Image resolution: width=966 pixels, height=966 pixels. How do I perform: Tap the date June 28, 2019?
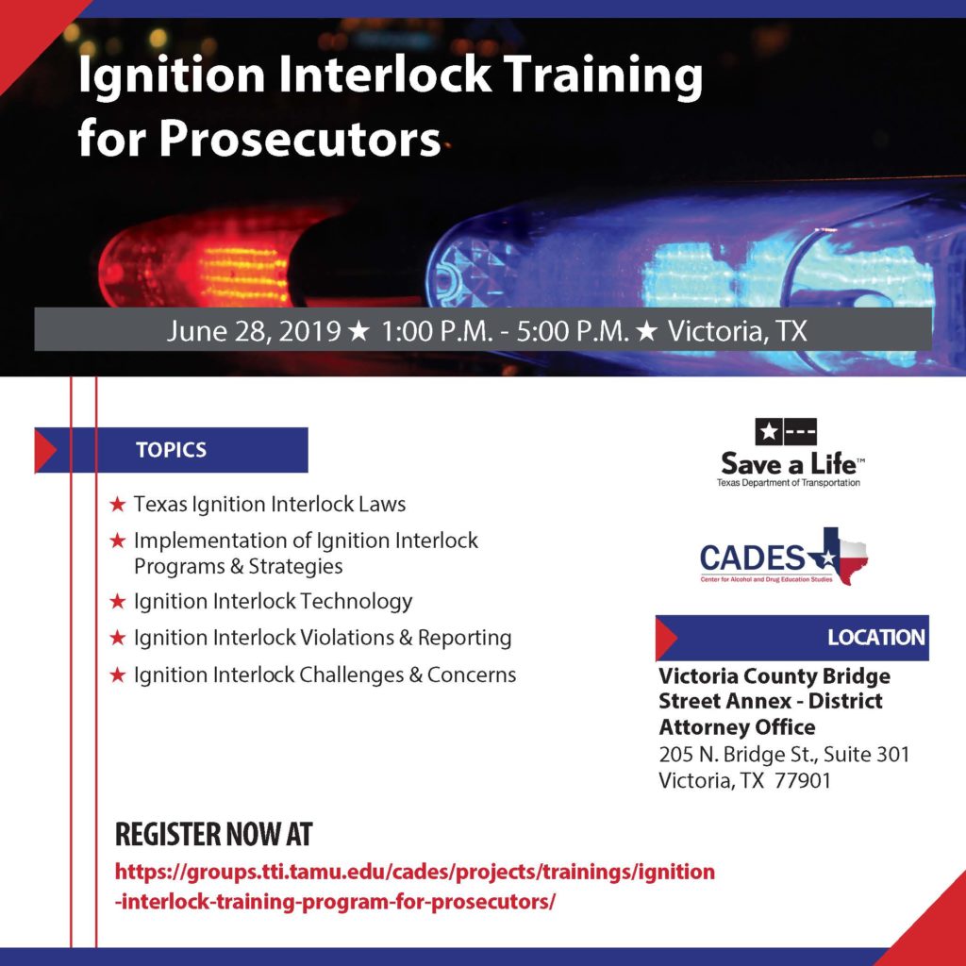(x=253, y=331)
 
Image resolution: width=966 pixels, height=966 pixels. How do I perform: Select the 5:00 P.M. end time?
(x=573, y=331)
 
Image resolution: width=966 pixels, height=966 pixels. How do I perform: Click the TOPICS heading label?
(x=172, y=450)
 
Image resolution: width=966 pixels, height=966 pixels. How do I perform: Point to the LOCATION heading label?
(x=876, y=638)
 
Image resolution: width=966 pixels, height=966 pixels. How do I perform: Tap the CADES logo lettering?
(x=752, y=558)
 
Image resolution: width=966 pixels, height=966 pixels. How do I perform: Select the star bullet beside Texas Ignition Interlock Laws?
(x=118, y=505)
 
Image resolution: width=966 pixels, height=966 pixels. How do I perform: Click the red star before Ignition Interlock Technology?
(x=118, y=601)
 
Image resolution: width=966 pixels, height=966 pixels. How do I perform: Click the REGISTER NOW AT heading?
(x=214, y=834)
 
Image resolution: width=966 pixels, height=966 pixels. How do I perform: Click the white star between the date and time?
(x=358, y=331)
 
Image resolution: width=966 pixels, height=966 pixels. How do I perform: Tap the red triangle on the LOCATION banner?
(x=664, y=639)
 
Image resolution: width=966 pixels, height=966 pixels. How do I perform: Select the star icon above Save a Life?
(x=769, y=431)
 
